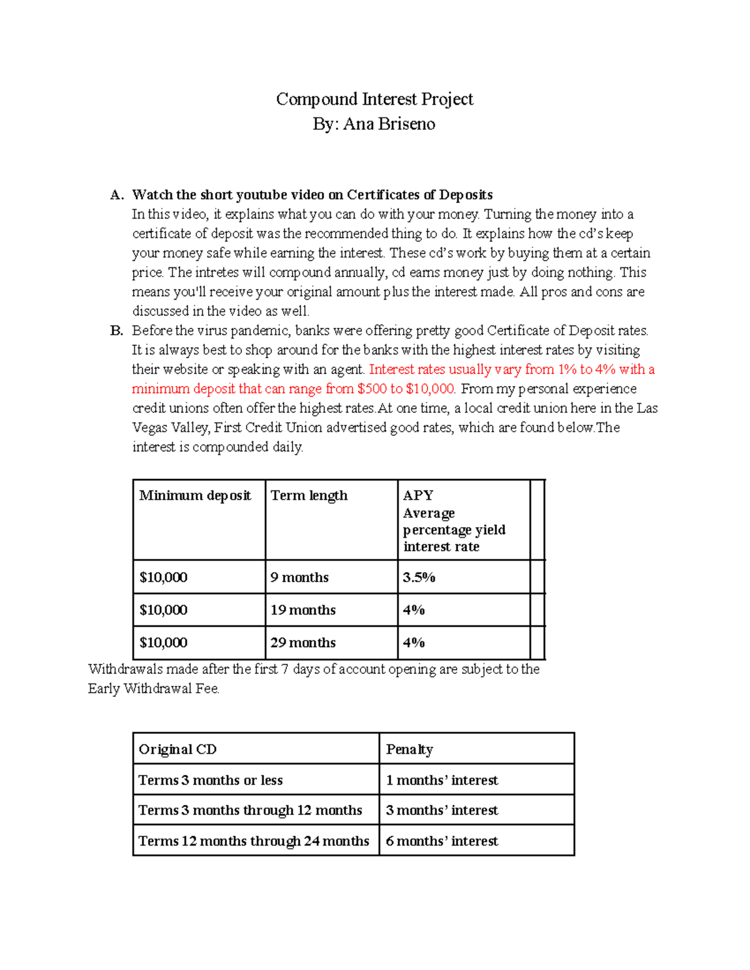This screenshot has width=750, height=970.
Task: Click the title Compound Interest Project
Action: (374, 99)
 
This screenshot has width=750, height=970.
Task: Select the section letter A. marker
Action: (117, 195)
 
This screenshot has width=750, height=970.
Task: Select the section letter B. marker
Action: (117, 331)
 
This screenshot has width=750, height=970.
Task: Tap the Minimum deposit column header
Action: (195, 496)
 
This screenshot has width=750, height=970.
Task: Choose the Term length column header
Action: (309, 496)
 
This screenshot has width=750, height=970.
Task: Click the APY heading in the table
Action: (418, 496)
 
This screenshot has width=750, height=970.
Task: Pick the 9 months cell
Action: (299, 578)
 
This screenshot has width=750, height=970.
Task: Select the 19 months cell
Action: (303, 610)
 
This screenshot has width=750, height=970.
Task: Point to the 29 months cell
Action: (303, 643)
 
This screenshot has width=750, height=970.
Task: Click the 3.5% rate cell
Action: (419, 578)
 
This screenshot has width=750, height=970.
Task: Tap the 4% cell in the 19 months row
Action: (414, 610)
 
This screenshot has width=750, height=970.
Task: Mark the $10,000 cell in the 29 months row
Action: (163, 643)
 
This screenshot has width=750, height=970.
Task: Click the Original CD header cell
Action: (177, 750)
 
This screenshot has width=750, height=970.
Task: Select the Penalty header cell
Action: (409, 750)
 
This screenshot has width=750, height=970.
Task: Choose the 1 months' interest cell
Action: (442, 780)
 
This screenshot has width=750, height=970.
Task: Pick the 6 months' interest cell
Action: (442, 841)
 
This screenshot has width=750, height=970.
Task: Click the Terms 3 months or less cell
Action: (211, 780)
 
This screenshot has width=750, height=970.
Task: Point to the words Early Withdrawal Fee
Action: (153, 689)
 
